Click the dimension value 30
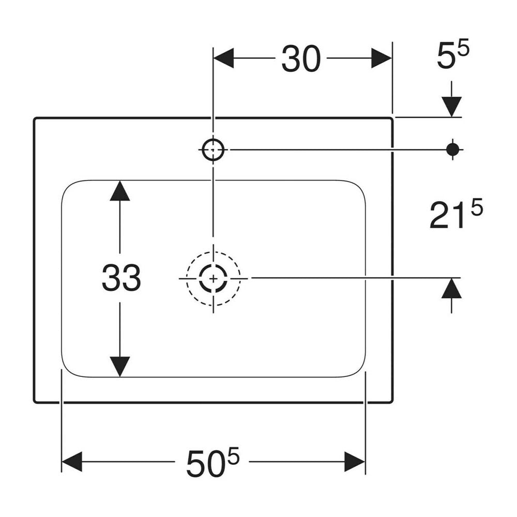[301, 59]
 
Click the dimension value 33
[121, 278]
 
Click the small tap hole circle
[213, 150]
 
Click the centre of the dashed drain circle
[214, 279]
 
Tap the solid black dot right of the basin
[453, 150]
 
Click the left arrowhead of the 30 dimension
[224, 58]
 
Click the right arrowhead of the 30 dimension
[382, 58]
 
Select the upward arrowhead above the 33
[120, 191]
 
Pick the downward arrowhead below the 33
[120, 367]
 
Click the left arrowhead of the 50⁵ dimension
[72, 462]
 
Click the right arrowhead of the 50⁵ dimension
[355, 462]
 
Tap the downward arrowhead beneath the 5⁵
[451, 107]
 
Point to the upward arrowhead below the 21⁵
[451, 288]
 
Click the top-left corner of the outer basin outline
[35, 118]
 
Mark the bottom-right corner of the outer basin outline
[392, 401]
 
